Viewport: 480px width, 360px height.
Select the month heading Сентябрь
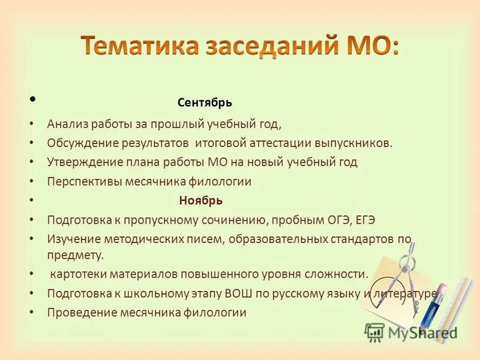[205, 103]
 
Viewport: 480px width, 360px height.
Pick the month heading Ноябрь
[200, 200]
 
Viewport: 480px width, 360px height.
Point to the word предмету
[76, 254]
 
